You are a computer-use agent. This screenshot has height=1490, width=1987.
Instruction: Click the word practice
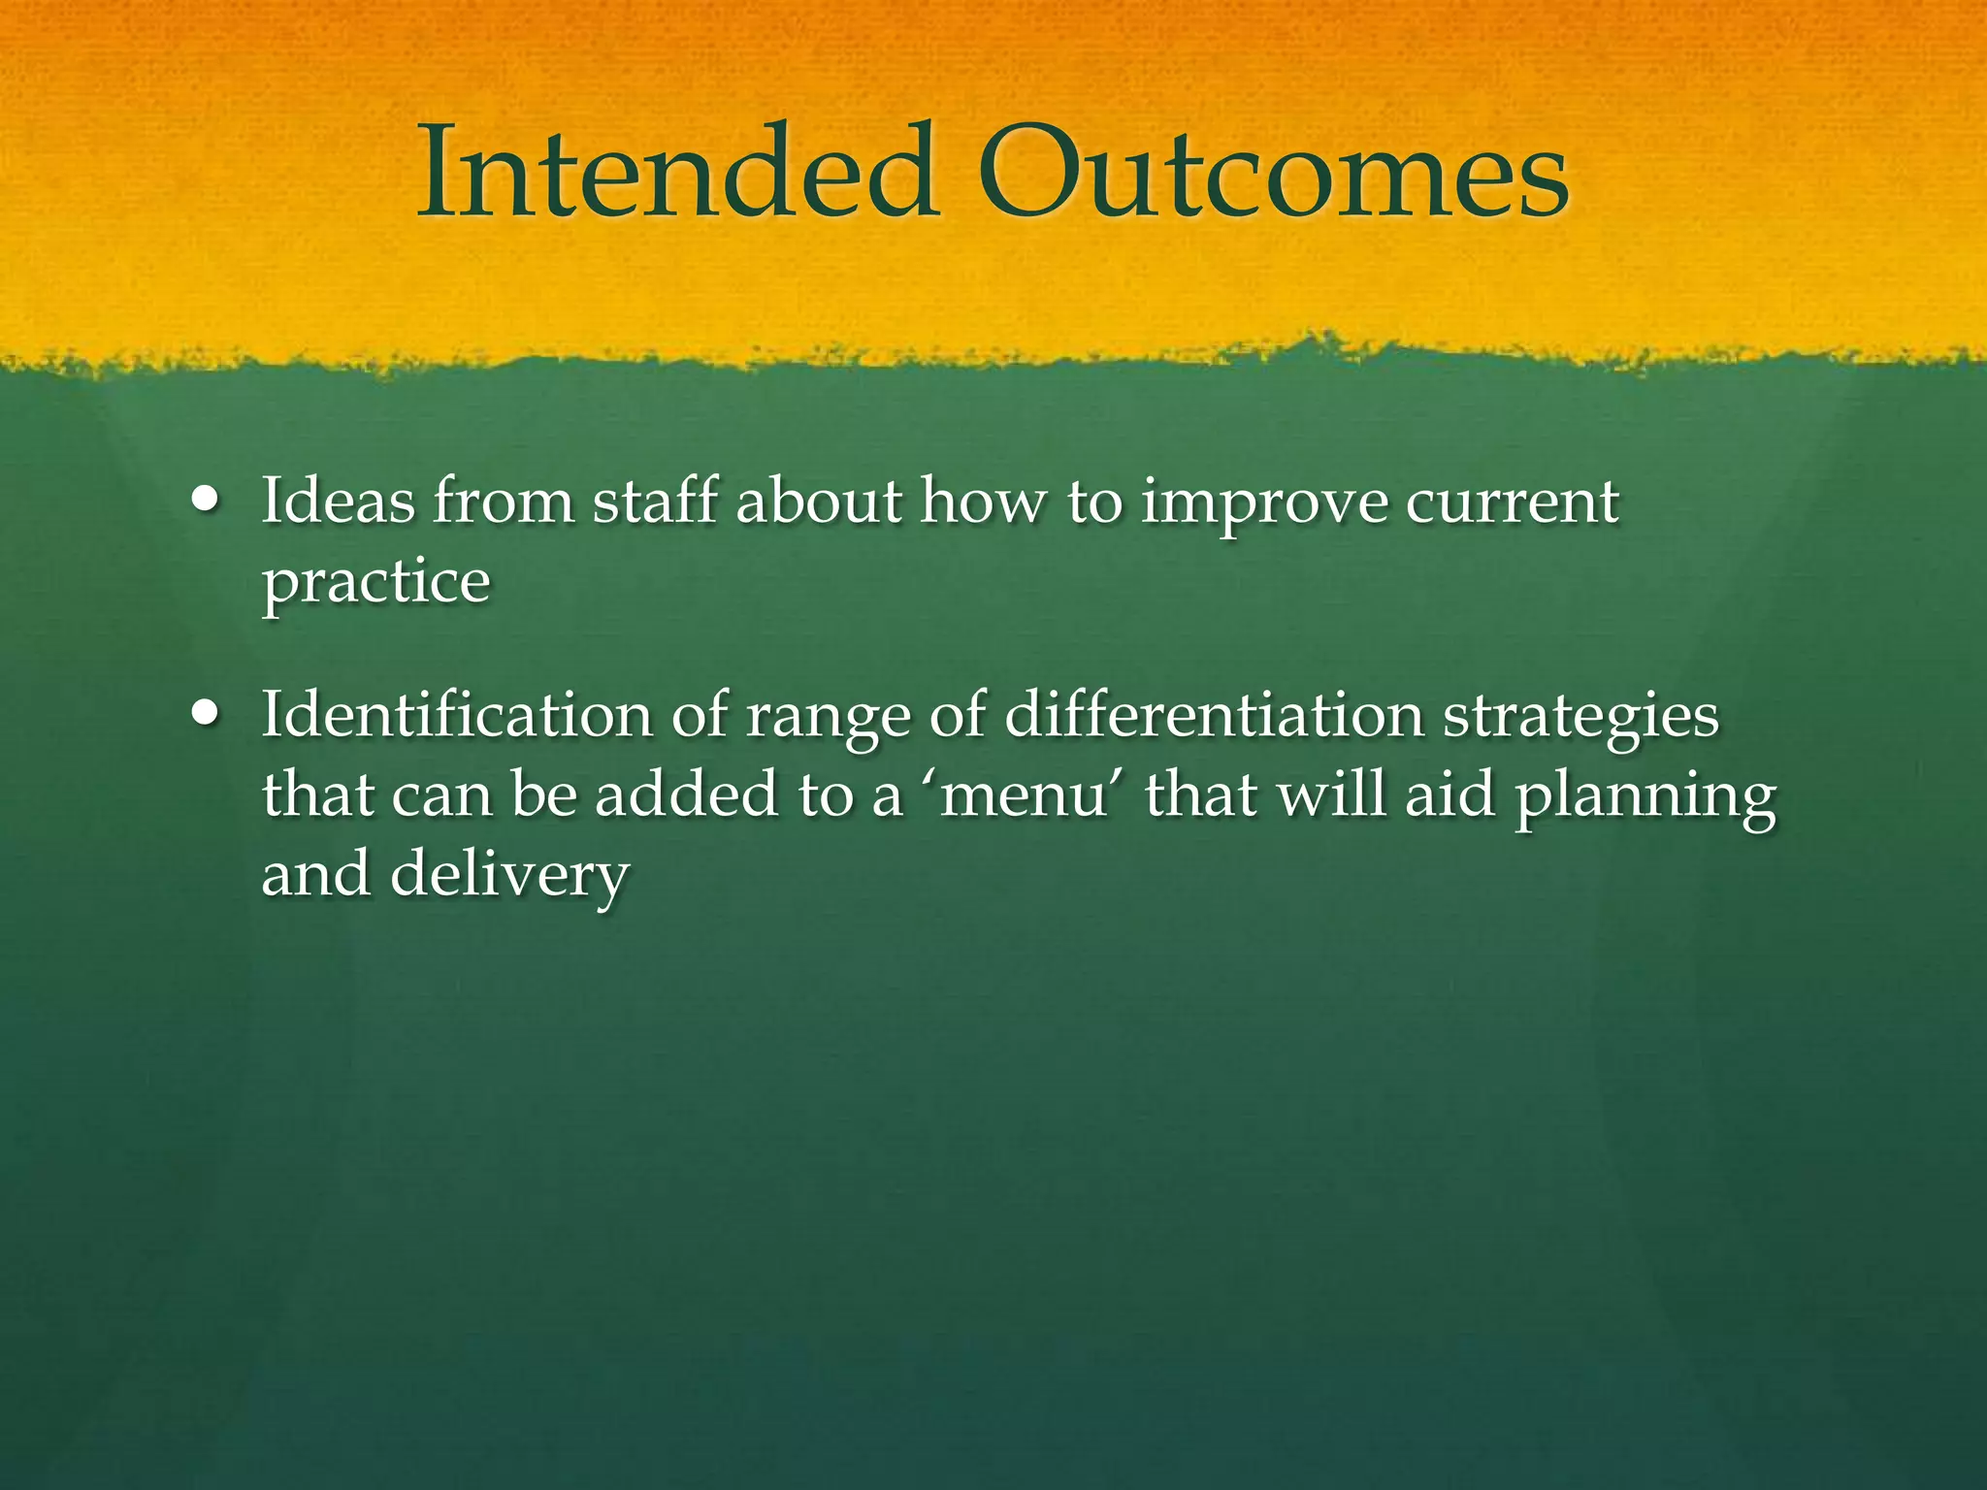pyautogui.click(x=376, y=584)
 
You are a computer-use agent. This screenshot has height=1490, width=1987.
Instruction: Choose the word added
pyautogui.click(x=686, y=794)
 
